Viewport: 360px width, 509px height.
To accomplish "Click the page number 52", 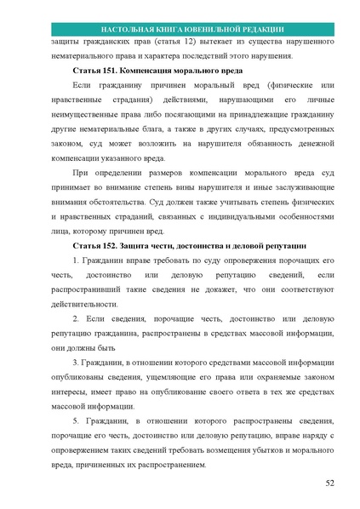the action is click(x=329, y=484).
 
